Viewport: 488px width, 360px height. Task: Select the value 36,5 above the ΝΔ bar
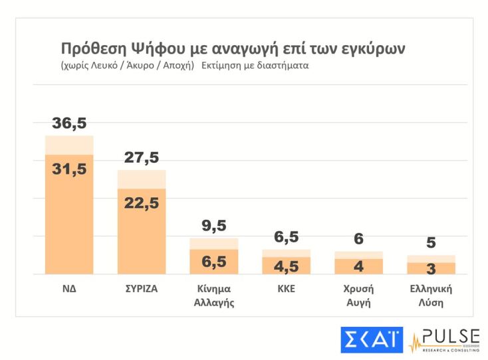[x=69, y=124]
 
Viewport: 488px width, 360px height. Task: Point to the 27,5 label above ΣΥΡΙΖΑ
[x=142, y=158]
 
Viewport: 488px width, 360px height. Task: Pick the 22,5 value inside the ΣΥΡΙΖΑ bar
[x=142, y=203]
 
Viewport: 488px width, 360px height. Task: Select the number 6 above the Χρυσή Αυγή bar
[x=358, y=240]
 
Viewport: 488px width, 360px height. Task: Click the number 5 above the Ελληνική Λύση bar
[x=431, y=243]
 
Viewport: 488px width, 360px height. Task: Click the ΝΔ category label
[x=69, y=290]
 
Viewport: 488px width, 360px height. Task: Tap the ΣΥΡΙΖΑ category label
[x=142, y=290]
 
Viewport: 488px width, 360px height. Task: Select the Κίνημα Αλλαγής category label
[x=213, y=296]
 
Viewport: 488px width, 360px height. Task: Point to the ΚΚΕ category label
[x=286, y=290]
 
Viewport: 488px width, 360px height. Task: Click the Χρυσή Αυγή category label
[x=358, y=296]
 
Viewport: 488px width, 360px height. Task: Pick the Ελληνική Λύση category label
[x=431, y=296]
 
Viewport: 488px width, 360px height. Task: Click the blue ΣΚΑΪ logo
[x=372, y=339]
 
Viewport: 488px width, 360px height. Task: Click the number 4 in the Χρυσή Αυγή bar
[x=358, y=266]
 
